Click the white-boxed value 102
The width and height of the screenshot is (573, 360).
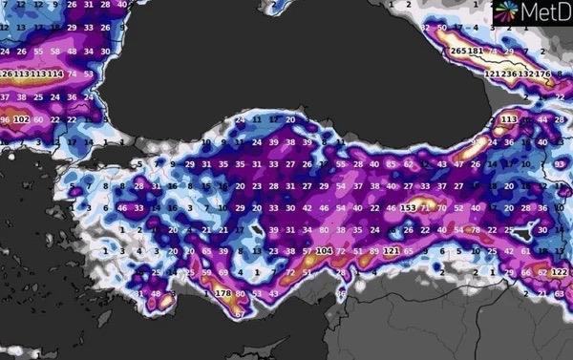[x=21, y=119]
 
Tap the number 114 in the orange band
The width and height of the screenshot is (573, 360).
[x=56, y=74]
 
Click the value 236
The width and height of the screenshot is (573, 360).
[x=509, y=74]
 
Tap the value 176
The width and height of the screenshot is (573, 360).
[x=544, y=74]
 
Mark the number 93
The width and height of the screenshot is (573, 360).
[x=561, y=164]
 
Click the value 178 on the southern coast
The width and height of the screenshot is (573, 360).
[x=223, y=293]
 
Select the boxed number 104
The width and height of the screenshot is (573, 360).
[x=324, y=251]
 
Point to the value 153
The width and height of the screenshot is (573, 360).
[x=408, y=207]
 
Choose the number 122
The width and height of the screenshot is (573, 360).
[x=560, y=273]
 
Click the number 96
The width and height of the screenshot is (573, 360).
[x=5, y=119]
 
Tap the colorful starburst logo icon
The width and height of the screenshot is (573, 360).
[x=505, y=11]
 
